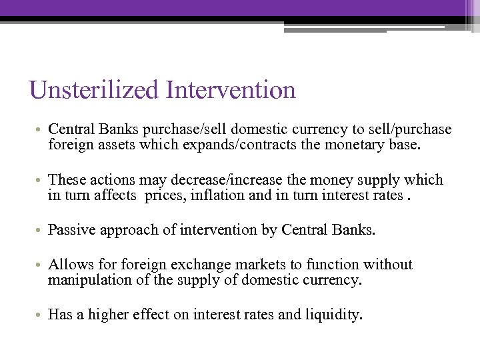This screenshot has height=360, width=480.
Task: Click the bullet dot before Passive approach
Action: [x=40, y=231]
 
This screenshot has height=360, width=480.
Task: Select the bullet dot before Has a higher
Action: [x=40, y=315]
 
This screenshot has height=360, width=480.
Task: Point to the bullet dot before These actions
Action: [x=40, y=180]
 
